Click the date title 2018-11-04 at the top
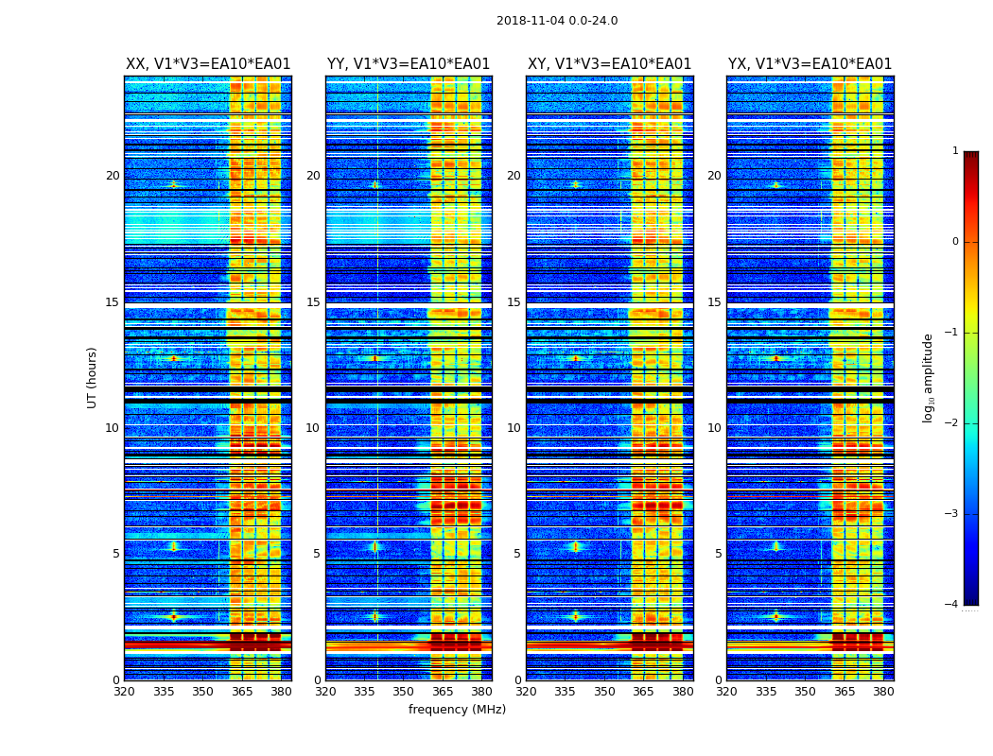click(556, 21)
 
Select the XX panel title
click(208, 64)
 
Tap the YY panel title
click(409, 64)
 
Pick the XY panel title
click(609, 64)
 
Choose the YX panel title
click(810, 64)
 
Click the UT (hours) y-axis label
click(93, 377)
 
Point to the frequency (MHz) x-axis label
click(457, 710)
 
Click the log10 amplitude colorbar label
click(929, 377)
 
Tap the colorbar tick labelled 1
click(955, 151)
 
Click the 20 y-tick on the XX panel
click(113, 176)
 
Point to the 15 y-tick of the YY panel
click(313, 302)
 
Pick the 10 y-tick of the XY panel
click(514, 428)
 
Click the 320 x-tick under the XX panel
click(124, 691)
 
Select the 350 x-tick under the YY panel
click(404, 691)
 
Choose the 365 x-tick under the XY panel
click(644, 691)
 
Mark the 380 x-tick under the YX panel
click(883, 691)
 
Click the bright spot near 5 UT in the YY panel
click(375, 546)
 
